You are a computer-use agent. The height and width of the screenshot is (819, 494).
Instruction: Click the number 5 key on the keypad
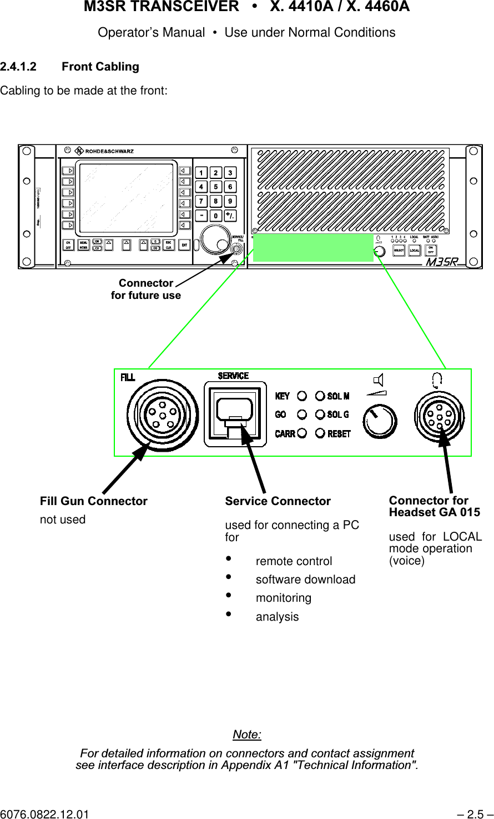[x=215, y=187]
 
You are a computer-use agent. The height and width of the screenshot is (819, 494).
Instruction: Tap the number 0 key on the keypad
[x=215, y=216]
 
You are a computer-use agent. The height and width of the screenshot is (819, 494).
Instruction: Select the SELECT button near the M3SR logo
[x=399, y=251]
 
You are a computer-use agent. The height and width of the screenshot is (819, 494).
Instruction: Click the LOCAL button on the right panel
[x=415, y=251]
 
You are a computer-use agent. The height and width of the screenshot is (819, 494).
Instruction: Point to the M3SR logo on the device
[x=442, y=262]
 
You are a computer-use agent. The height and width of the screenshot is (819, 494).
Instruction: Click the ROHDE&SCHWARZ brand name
[x=109, y=151]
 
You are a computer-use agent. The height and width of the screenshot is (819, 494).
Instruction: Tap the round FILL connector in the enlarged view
[x=162, y=415]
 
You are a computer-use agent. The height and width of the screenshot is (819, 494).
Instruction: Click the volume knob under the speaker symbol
[x=380, y=421]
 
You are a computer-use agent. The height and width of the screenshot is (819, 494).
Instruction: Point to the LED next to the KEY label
[x=302, y=396]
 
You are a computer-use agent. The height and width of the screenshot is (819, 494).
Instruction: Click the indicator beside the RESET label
[x=320, y=433]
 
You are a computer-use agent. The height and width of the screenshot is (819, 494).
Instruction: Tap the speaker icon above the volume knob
[x=379, y=380]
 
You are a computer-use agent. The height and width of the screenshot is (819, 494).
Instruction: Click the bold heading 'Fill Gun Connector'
[x=93, y=501]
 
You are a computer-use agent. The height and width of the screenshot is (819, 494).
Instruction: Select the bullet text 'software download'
[x=305, y=580]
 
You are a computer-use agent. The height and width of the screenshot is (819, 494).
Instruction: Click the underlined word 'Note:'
[x=247, y=735]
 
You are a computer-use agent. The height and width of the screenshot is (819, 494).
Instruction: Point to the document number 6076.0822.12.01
[x=44, y=814]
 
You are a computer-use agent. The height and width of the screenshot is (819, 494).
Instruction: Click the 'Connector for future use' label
[x=146, y=289]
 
